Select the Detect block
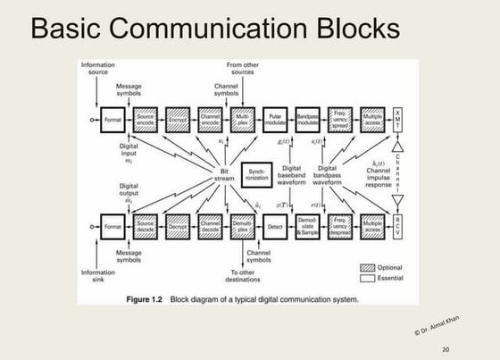pos(276,229)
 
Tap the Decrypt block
pos(178,229)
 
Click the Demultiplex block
pos(243,229)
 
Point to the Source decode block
pos(146,229)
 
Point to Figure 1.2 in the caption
pos(144,298)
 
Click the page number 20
pos(446,349)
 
